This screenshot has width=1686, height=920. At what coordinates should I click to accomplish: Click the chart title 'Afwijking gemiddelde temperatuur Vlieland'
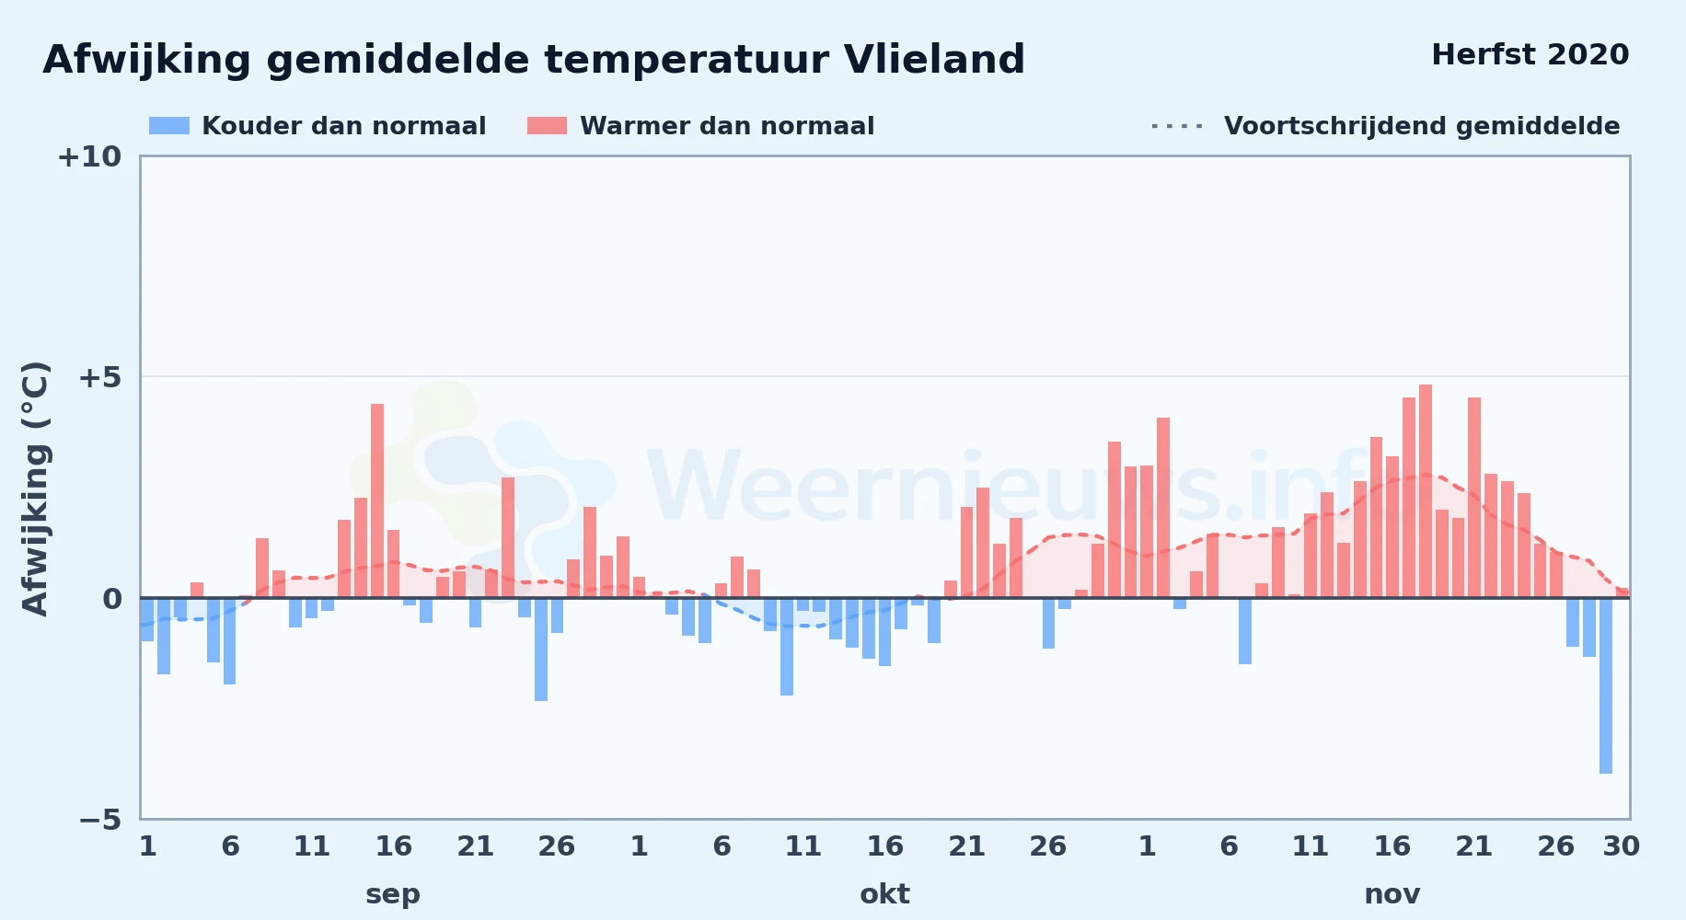[534, 61]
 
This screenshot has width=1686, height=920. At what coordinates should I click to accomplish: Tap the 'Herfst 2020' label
[1530, 55]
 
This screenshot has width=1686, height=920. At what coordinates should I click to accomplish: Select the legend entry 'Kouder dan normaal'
[318, 126]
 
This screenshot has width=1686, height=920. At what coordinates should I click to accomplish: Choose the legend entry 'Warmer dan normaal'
[701, 126]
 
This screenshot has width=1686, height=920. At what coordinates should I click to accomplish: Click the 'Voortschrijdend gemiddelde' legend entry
[1385, 126]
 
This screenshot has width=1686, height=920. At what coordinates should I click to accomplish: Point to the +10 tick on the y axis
[89, 157]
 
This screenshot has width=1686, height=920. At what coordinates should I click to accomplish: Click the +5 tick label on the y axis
[99, 377]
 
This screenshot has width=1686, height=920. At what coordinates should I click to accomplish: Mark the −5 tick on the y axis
[100, 820]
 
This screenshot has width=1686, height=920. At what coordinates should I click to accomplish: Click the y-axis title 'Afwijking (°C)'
[36, 489]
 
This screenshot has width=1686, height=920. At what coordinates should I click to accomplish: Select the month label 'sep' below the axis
[393, 894]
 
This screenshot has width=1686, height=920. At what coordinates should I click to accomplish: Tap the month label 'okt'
[884, 894]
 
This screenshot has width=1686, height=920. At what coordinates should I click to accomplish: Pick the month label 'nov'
[1392, 894]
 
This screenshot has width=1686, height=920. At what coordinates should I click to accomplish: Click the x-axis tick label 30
[1621, 846]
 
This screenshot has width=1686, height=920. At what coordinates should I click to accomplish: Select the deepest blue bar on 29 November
[1606, 685]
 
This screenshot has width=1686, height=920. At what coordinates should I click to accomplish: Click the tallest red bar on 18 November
[1426, 491]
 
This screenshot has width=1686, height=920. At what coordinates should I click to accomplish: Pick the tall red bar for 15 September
[377, 501]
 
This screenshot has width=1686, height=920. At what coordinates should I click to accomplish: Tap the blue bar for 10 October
[787, 647]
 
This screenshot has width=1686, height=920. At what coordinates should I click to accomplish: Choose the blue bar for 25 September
[541, 650]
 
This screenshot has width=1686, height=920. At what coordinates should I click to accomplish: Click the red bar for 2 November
[1163, 508]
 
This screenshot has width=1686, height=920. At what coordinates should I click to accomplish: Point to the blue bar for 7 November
[1245, 631]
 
